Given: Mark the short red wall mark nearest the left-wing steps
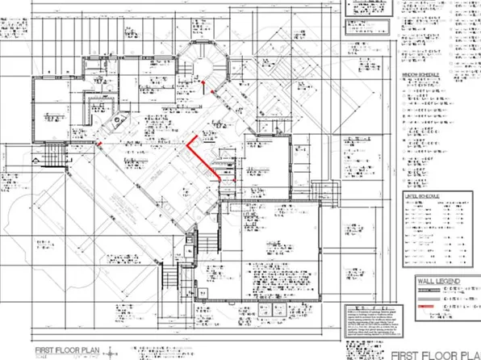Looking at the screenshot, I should (99, 143).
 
